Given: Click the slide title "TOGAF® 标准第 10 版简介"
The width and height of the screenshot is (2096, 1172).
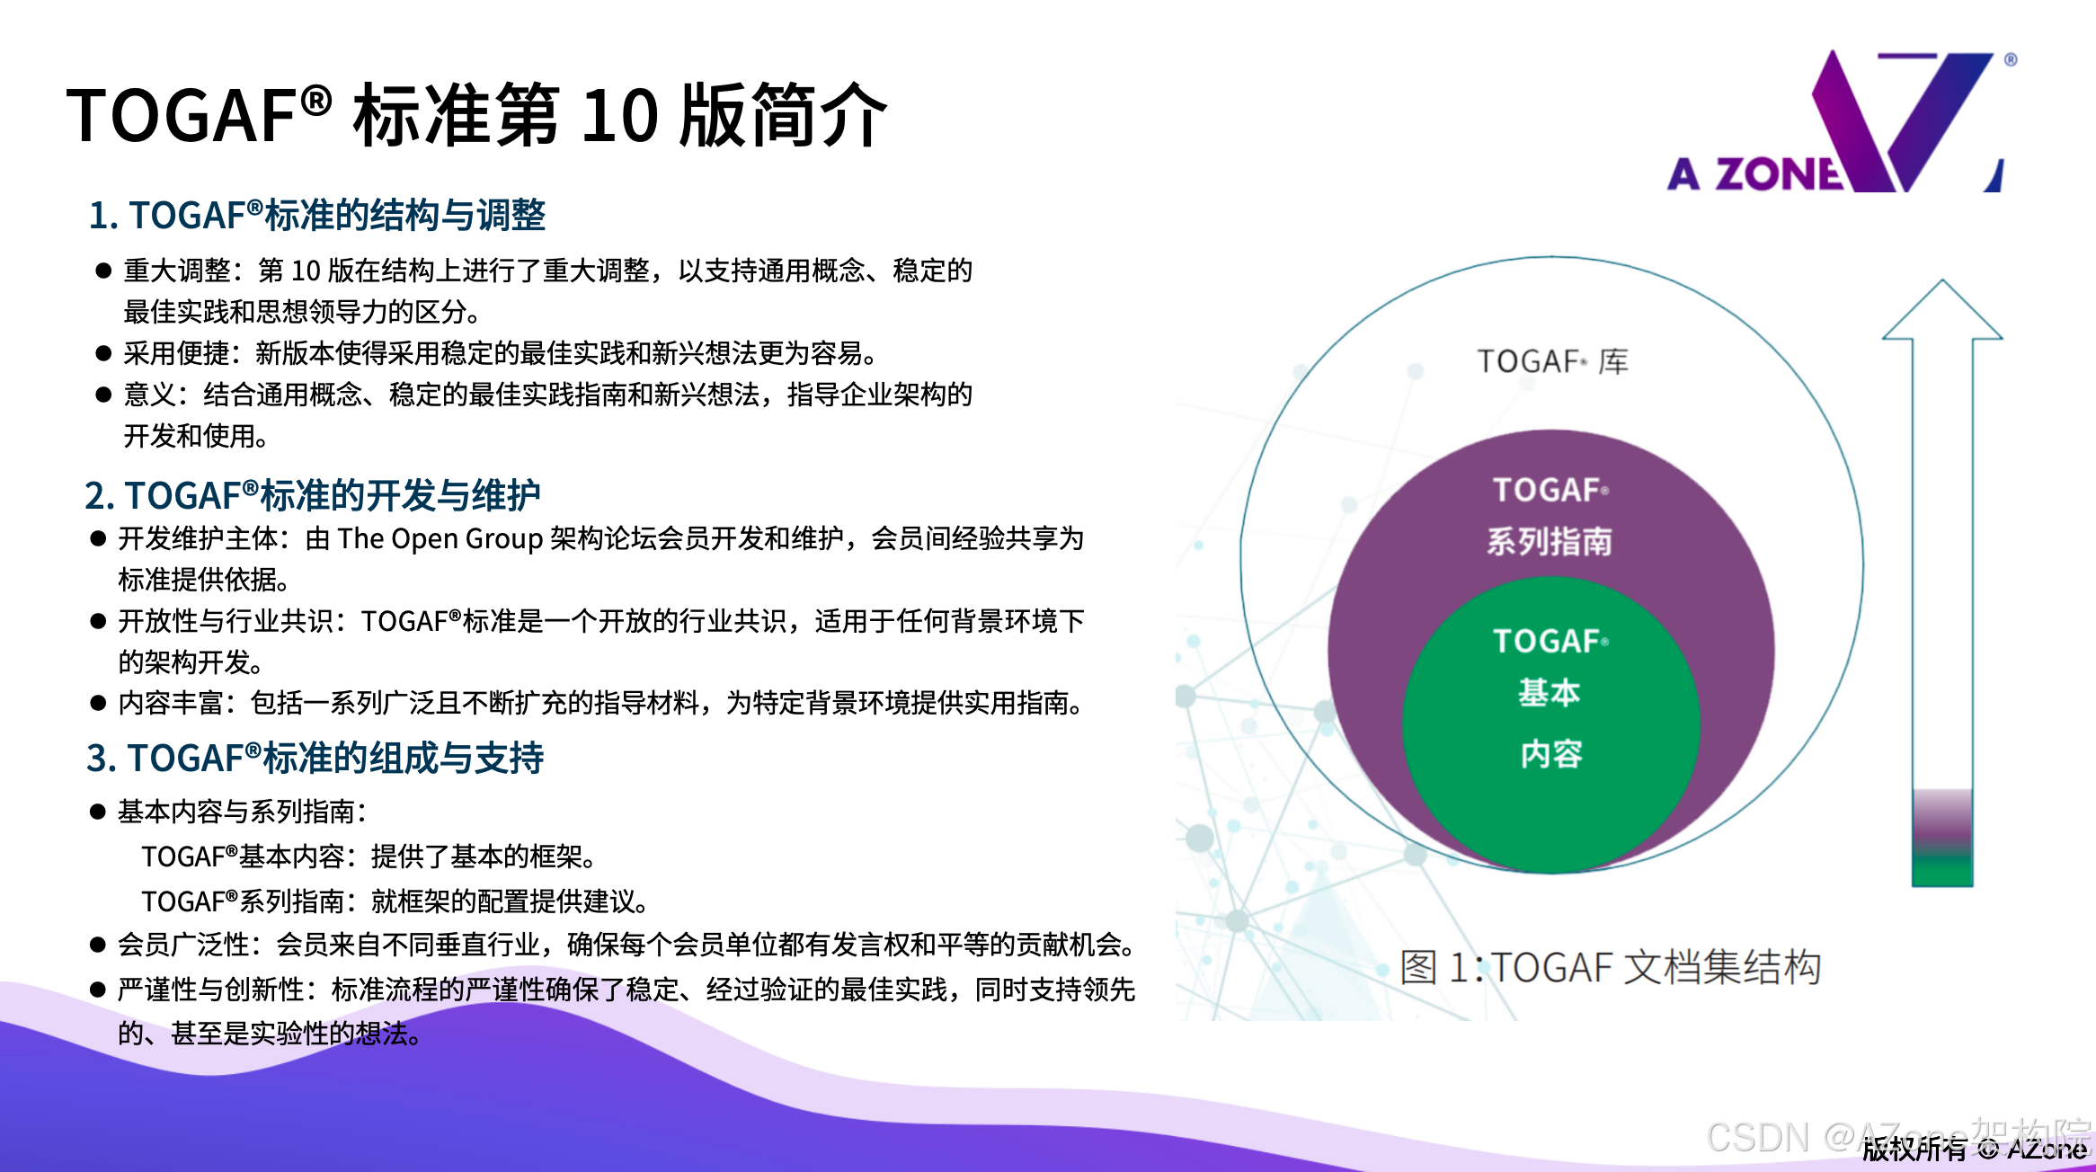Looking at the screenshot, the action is coord(477,115).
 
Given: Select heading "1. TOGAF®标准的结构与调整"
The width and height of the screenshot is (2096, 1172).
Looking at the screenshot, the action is coord(316,216).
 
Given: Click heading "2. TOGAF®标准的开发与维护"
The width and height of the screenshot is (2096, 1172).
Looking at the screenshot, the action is coord(312,495).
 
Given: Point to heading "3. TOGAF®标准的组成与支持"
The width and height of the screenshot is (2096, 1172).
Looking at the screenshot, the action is coord(315,758).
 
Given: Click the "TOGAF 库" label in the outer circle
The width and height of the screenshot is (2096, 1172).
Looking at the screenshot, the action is coord(1552,361).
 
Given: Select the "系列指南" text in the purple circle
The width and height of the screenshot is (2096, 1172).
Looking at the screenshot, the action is coord(1550,542).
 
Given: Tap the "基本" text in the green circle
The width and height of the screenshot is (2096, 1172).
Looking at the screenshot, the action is coord(1550,693).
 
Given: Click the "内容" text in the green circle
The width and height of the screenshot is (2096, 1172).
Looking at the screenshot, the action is coord(1551,754).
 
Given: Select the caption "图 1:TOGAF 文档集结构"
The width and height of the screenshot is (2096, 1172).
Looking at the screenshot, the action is coord(1611,968).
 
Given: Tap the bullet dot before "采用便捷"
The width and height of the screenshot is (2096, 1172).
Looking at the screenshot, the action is coord(103,353).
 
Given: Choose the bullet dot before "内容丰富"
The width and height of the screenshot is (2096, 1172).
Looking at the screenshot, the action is coord(98,703).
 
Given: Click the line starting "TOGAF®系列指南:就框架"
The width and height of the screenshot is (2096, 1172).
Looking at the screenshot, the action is coord(395,901).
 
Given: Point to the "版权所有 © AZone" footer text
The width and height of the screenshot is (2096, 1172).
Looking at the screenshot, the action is coord(1974,1149).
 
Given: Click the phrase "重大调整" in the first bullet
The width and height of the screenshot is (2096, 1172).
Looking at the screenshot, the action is coord(177,271).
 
